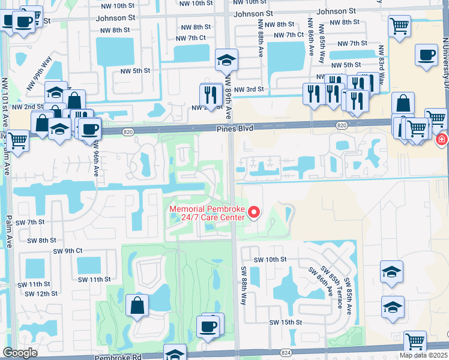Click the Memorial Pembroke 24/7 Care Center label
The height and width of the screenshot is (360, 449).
[x=207, y=213]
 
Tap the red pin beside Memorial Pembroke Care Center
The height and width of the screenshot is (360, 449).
[x=253, y=212]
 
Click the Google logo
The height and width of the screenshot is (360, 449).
[x=20, y=353]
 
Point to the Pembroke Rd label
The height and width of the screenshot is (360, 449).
[x=121, y=356]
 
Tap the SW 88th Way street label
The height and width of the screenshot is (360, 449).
[x=244, y=285]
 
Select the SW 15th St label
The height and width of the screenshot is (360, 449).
[x=286, y=322]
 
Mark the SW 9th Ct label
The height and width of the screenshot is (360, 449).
[x=67, y=251]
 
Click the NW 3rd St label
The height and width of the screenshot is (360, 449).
[x=249, y=89]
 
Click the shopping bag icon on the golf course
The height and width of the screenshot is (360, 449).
[x=137, y=305]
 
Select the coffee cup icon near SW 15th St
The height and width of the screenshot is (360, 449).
[x=208, y=326]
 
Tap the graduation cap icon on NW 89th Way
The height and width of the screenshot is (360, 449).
[x=226, y=59]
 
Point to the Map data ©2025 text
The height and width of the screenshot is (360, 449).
[x=423, y=355]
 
